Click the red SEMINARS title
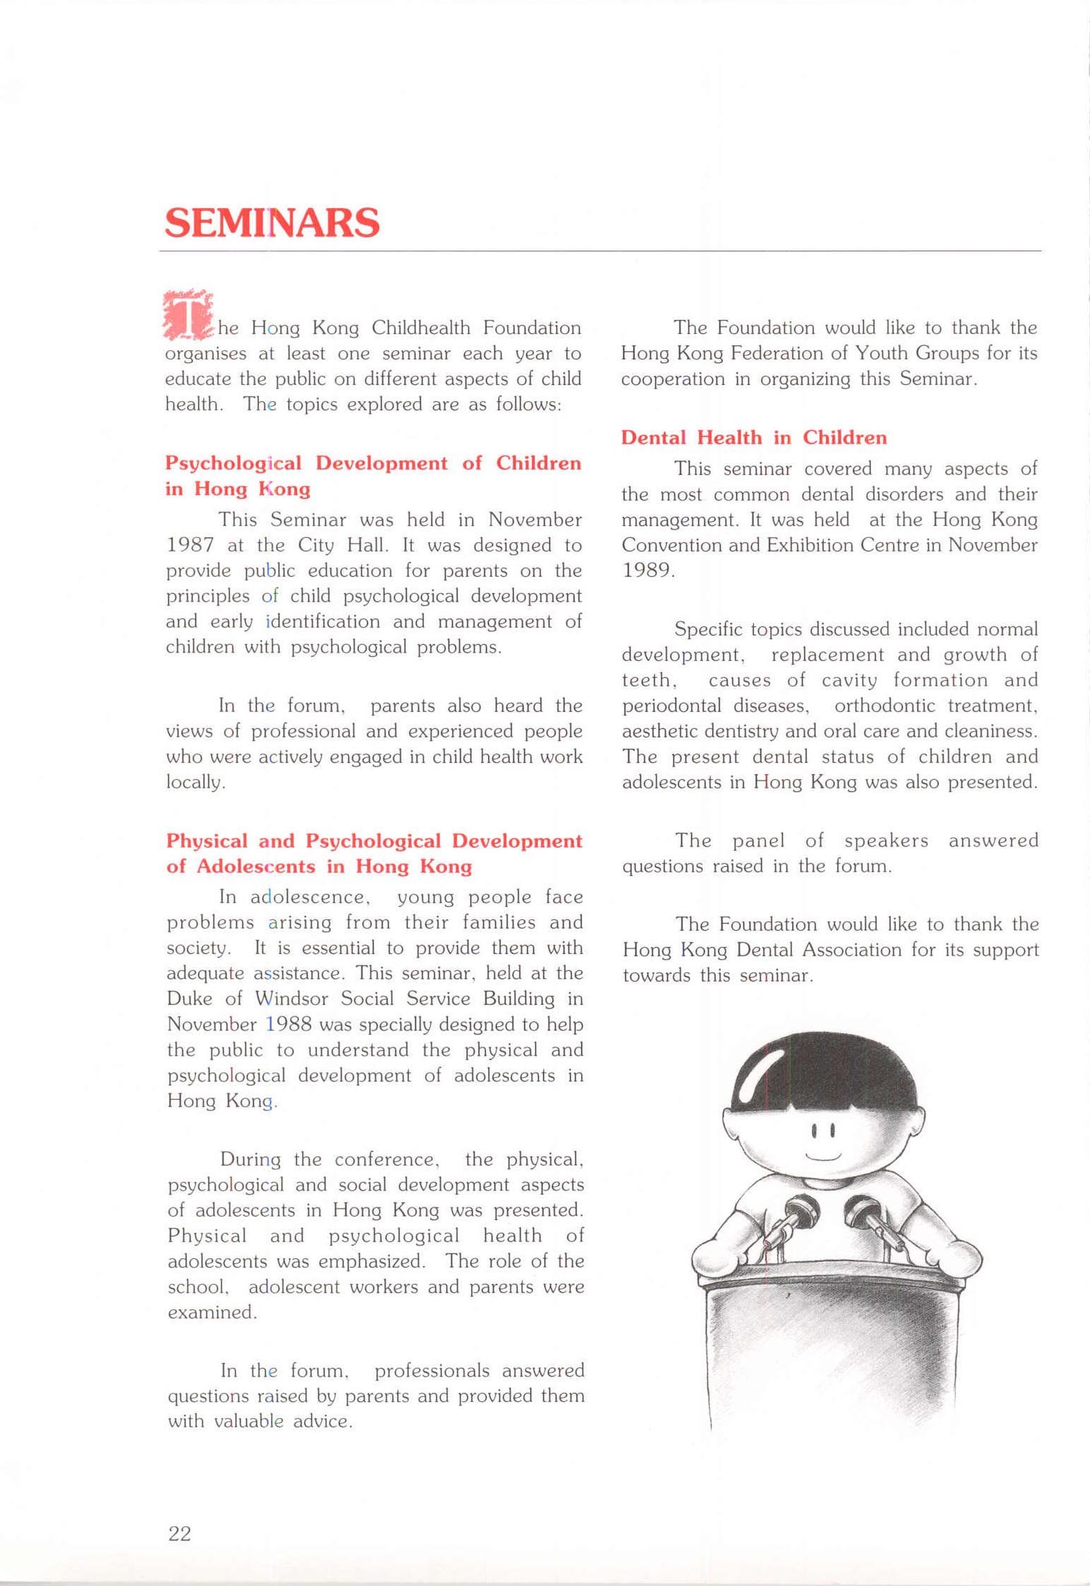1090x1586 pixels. point(272,223)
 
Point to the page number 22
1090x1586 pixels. point(180,1533)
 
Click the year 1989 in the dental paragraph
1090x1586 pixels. point(647,570)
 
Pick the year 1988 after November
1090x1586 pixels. point(290,1024)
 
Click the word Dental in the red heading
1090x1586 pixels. point(653,437)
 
